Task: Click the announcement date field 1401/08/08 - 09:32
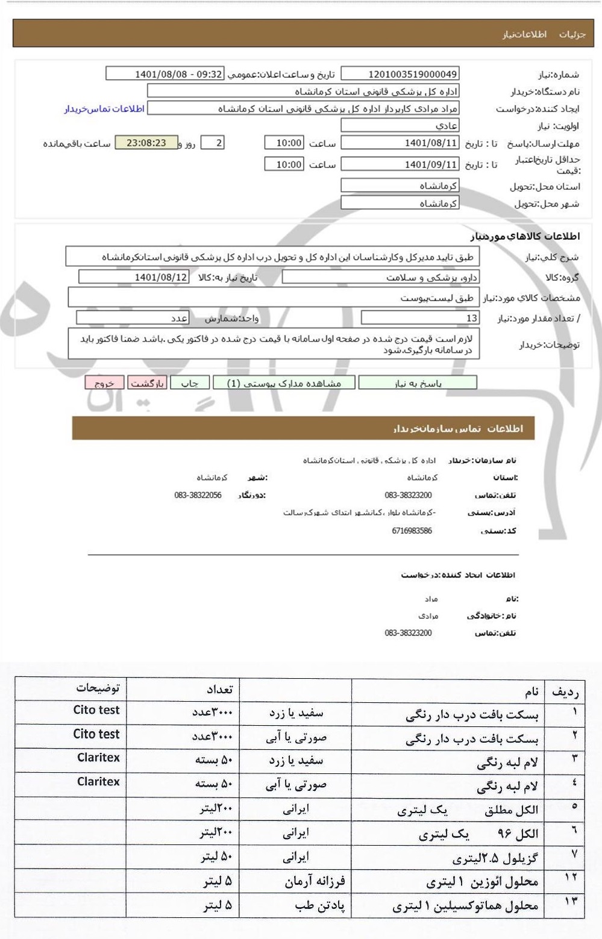165,74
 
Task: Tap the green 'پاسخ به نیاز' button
418,383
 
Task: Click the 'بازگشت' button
147,383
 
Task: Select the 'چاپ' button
190,383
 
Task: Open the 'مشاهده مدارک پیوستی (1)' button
283,383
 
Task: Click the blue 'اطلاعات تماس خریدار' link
104,109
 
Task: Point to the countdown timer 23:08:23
146,143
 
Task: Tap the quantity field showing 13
420,317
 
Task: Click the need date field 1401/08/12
134,277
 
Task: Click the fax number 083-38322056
198,495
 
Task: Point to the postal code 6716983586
408,531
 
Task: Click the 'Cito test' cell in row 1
96,710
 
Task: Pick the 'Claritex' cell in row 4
98,782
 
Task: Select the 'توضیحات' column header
98,688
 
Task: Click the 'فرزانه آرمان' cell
315,882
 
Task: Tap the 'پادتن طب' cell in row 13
319,906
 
